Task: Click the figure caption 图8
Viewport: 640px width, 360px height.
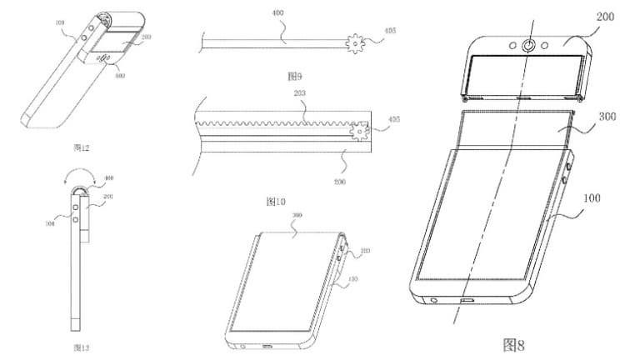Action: [x=516, y=343]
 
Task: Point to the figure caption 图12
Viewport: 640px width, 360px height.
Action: [x=83, y=147]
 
